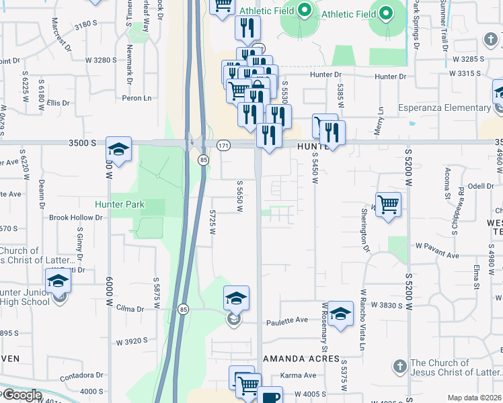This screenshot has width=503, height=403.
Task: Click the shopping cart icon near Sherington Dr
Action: coord(389,204)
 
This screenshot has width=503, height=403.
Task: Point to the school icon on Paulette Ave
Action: coord(340,314)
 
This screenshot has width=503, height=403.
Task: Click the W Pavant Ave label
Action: coord(437,255)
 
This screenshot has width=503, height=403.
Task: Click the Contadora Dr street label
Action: coord(82,377)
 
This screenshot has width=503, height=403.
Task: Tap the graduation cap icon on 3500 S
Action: coord(118,150)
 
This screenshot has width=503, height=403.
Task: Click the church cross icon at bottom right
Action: coord(399,367)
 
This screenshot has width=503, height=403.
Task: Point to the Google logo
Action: coord(22,395)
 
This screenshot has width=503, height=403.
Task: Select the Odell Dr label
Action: coord(462,186)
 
